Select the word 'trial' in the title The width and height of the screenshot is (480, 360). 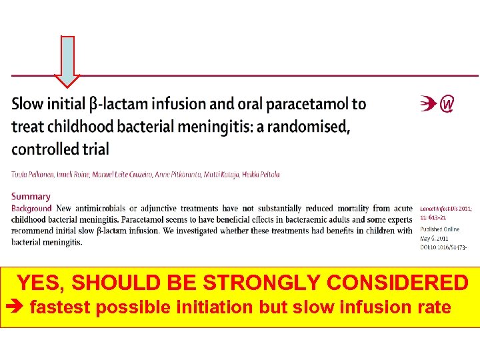point(96,149)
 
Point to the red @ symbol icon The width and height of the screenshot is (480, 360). point(448,105)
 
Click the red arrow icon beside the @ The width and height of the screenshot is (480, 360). point(429,105)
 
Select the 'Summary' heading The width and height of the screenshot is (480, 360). point(31,197)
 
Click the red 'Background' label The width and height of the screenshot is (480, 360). point(31,209)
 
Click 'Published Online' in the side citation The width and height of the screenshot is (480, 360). point(439,229)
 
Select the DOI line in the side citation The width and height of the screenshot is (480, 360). point(443,247)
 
